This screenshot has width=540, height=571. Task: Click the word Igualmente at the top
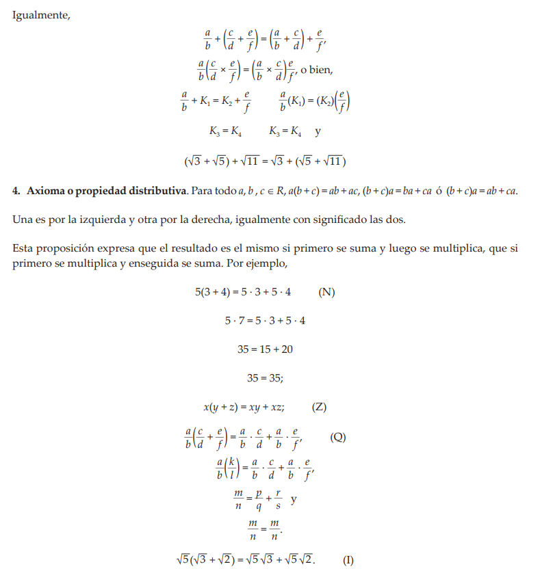[x=41, y=16]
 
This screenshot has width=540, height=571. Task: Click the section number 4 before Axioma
[x=16, y=190]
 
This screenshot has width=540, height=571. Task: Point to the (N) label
[x=326, y=292]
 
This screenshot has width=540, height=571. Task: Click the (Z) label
[x=319, y=408]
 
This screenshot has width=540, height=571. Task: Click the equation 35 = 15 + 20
[x=265, y=349]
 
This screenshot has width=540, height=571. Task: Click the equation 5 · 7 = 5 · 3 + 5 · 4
[x=265, y=321]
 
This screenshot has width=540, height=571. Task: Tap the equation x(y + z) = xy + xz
[x=244, y=408]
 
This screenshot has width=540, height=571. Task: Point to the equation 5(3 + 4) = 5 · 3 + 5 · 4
[x=243, y=292]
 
